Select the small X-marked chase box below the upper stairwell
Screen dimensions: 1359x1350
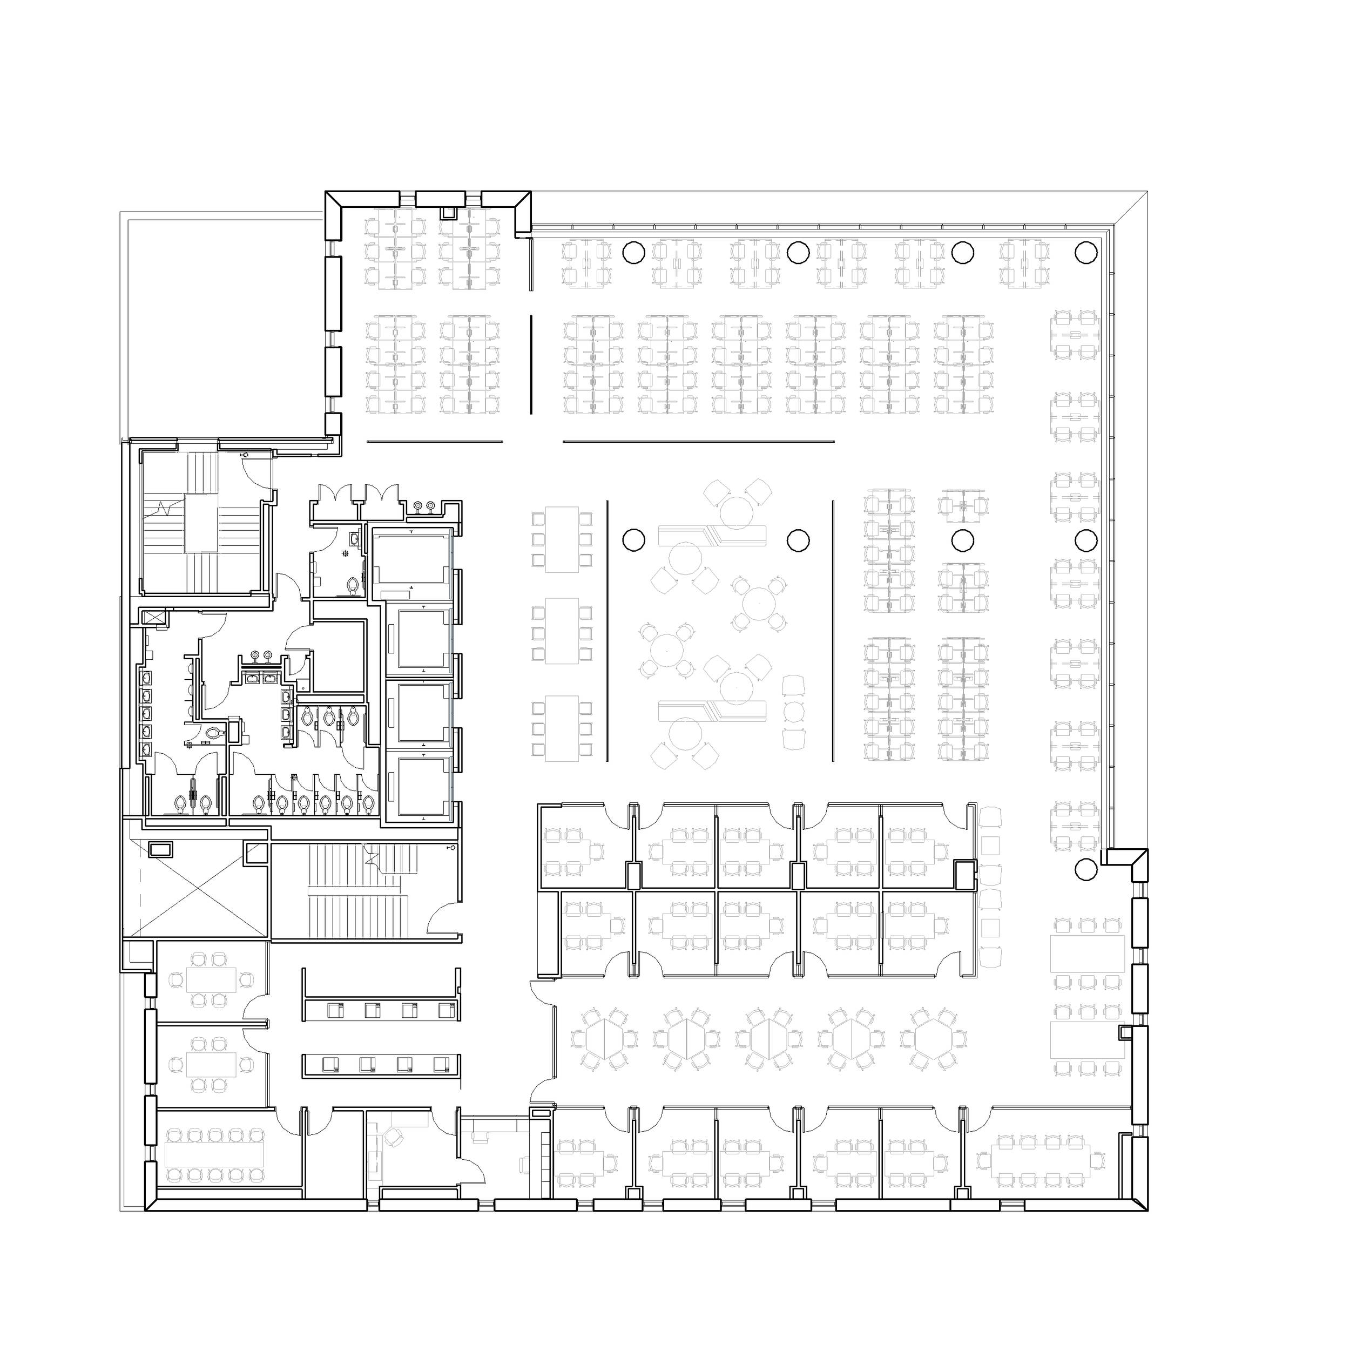(x=153, y=618)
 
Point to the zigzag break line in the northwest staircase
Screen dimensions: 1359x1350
(x=166, y=509)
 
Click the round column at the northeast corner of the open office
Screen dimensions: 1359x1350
(x=1085, y=251)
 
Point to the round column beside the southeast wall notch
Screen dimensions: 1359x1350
(x=1086, y=869)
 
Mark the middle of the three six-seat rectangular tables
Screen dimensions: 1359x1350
(x=562, y=630)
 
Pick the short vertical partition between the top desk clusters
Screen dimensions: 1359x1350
(x=531, y=364)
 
